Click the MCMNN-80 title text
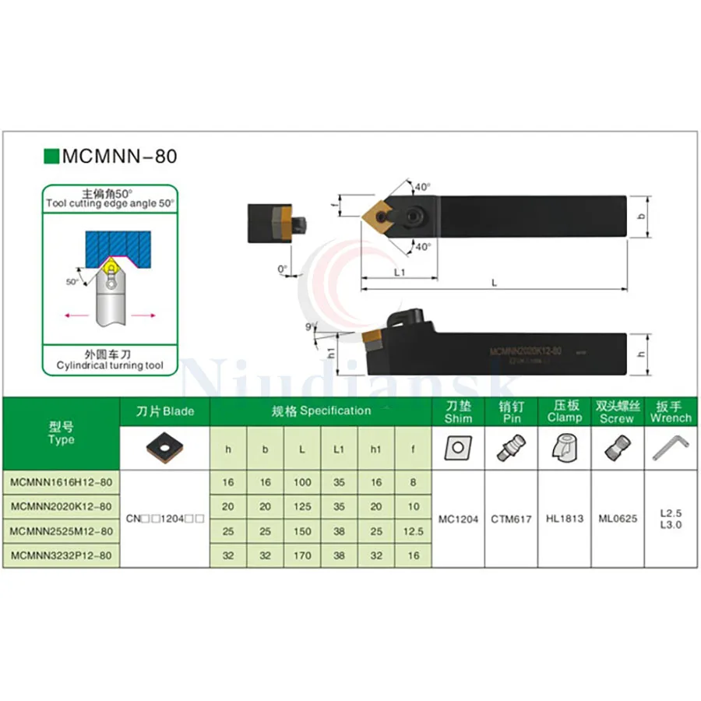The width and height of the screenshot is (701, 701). [x=120, y=156]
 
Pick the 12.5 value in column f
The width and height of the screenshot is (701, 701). [x=414, y=531]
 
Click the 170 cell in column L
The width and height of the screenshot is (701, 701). [x=302, y=555]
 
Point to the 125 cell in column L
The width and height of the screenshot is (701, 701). [x=302, y=506]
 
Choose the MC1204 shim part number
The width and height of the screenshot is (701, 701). [x=458, y=519]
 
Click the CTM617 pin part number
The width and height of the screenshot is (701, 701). [x=511, y=519]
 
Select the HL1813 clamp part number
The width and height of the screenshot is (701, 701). [x=565, y=519]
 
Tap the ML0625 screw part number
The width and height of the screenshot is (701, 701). [x=618, y=519]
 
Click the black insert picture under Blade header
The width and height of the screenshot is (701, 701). [x=164, y=447]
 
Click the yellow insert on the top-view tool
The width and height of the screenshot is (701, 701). [x=379, y=212]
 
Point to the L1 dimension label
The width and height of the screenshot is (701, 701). [x=400, y=273]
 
